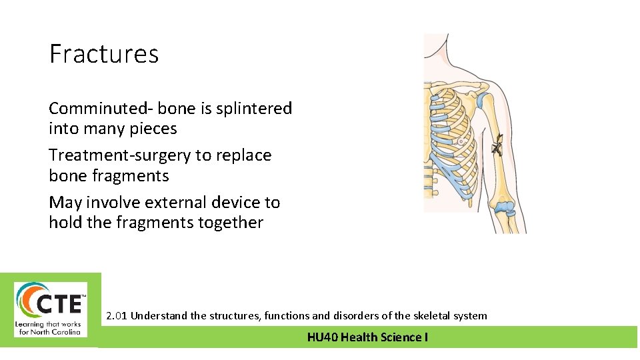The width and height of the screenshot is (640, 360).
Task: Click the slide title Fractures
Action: [x=104, y=54]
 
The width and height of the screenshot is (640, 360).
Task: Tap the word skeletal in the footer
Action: [x=413, y=315]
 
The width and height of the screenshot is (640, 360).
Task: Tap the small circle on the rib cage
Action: [x=460, y=141]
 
